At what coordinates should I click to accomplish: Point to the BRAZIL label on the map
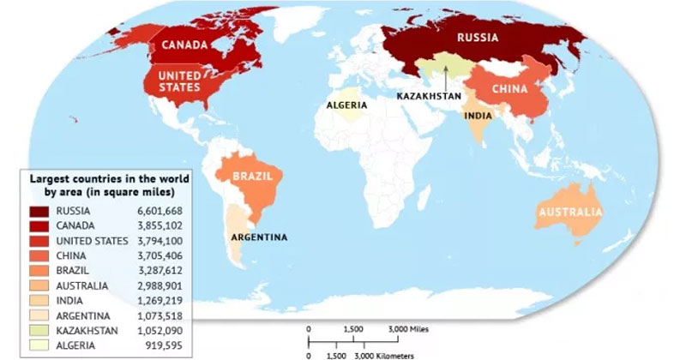point(256,176)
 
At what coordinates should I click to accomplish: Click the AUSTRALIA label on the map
point(569,213)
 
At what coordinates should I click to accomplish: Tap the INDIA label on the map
point(478,115)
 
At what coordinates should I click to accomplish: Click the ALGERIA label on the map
point(347,105)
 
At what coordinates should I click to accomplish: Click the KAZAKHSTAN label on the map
point(428,96)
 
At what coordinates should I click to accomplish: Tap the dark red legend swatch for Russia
point(37,211)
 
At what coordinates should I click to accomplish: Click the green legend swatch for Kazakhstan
point(37,330)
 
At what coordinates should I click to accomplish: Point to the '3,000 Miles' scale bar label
point(407,328)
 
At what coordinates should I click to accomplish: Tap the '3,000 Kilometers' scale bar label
point(384,354)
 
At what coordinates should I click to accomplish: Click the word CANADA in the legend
point(75,225)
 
